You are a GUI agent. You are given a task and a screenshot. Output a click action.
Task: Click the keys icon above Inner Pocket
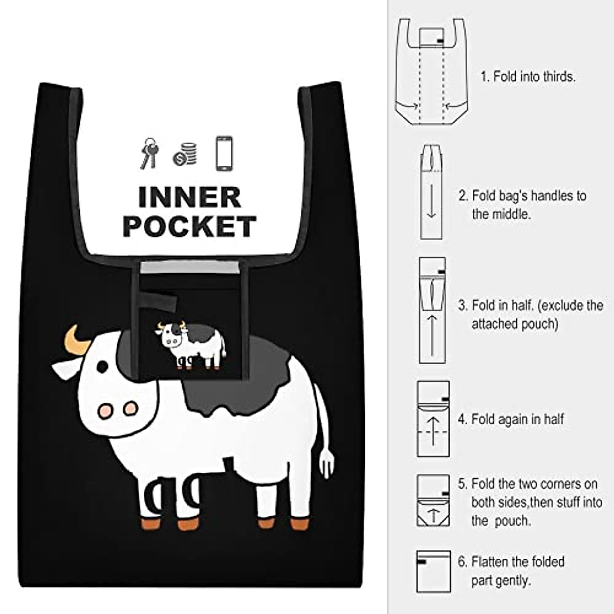[x=149, y=152]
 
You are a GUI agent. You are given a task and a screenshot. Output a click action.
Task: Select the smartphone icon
[x=224, y=152]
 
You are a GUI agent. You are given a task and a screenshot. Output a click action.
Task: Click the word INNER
[x=189, y=198]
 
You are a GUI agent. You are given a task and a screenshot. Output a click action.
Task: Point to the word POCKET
[x=189, y=227]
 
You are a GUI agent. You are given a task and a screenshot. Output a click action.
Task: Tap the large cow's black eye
[x=102, y=366]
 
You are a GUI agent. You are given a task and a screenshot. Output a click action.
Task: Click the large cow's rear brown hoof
[x=300, y=524]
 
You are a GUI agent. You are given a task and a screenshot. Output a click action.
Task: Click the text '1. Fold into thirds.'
[x=528, y=77]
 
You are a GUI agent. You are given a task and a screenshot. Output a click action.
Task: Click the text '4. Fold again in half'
[x=511, y=419]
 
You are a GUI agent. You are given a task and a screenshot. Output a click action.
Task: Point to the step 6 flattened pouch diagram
[x=433, y=571]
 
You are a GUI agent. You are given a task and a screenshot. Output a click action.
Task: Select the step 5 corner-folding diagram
[x=433, y=500]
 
